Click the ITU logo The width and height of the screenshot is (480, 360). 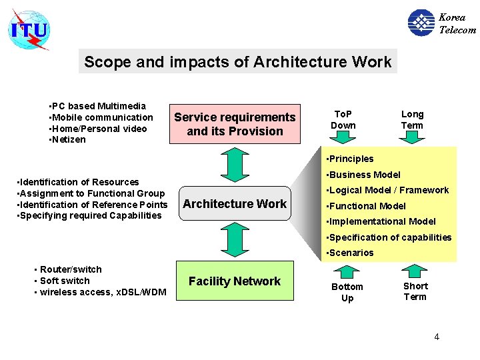tap(29, 30)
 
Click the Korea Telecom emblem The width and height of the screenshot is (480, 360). tap(421, 23)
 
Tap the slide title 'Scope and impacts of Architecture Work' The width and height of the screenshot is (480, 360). tap(237, 62)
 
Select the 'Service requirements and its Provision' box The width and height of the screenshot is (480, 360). tap(235, 124)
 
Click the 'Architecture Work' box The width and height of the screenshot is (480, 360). tap(235, 204)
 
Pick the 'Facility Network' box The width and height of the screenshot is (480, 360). tap(235, 281)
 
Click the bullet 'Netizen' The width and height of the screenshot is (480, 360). tap(69, 140)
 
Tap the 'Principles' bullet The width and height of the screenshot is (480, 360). tap(351, 159)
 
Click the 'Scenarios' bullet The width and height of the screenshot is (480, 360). tap(351, 253)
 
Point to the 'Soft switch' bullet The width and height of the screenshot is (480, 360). tap(65, 281)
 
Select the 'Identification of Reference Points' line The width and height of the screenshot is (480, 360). tap(91, 205)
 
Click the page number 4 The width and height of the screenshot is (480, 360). tap(437, 337)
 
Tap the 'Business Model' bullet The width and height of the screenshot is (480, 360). tap(364, 175)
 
